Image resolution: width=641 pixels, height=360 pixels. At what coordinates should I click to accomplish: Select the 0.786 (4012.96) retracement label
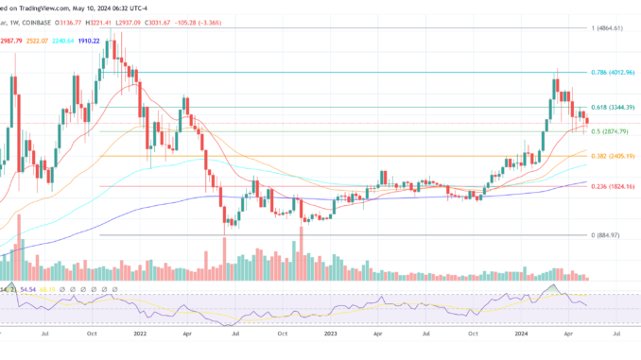coord(612,72)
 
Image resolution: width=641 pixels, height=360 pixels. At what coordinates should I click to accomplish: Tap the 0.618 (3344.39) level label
coord(612,108)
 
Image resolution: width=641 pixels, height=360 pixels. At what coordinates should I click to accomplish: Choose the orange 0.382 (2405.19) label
coord(612,156)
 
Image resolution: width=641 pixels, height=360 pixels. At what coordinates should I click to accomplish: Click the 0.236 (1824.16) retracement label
coord(612,187)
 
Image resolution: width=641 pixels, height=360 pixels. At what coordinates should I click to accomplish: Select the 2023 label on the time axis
coord(329,334)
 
